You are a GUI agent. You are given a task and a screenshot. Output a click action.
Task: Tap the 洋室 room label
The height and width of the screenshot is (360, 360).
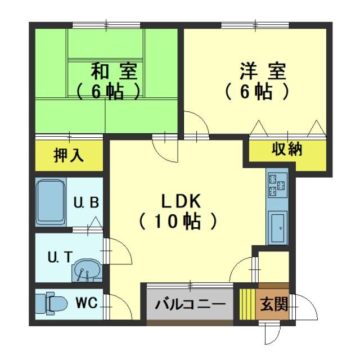(263, 73)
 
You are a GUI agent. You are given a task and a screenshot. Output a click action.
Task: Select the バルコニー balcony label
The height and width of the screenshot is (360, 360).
(190, 304)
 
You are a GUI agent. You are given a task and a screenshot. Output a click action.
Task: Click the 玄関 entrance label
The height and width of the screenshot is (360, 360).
(274, 304)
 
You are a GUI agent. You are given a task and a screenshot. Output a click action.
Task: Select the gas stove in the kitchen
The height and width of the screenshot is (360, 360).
(277, 185)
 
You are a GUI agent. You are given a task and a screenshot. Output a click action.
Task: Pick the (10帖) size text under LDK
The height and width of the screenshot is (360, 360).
(178, 221)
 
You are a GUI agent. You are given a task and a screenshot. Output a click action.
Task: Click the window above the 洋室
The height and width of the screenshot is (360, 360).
(256, 25)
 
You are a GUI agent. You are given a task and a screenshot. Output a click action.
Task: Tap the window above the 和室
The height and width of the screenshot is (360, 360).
(107, 25)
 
